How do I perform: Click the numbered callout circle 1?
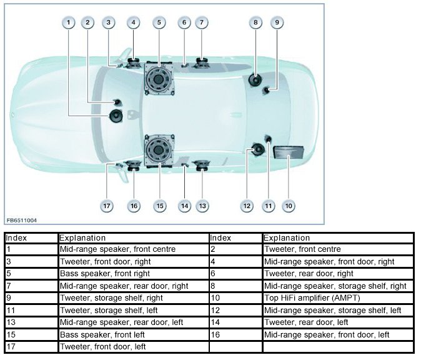[x=69, y=22]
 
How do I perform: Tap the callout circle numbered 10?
[x=288, y=206]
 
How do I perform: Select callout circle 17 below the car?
[x=107, y=206]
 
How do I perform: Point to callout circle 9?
[x=276, y=22]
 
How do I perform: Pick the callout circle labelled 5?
[x=159, y=22]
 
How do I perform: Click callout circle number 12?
[x=247, y=206]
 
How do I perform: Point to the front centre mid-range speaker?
[x=117, y=116]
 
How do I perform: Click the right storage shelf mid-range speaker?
[x=255, y=79]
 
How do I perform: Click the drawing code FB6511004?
[x=21, y=221]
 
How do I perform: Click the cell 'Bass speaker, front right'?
[x=97, y=274]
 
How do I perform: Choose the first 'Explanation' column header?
[x=82, y=238]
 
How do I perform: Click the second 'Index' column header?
[x=220, y=238]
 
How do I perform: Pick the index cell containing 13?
[x=10, y=322]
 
